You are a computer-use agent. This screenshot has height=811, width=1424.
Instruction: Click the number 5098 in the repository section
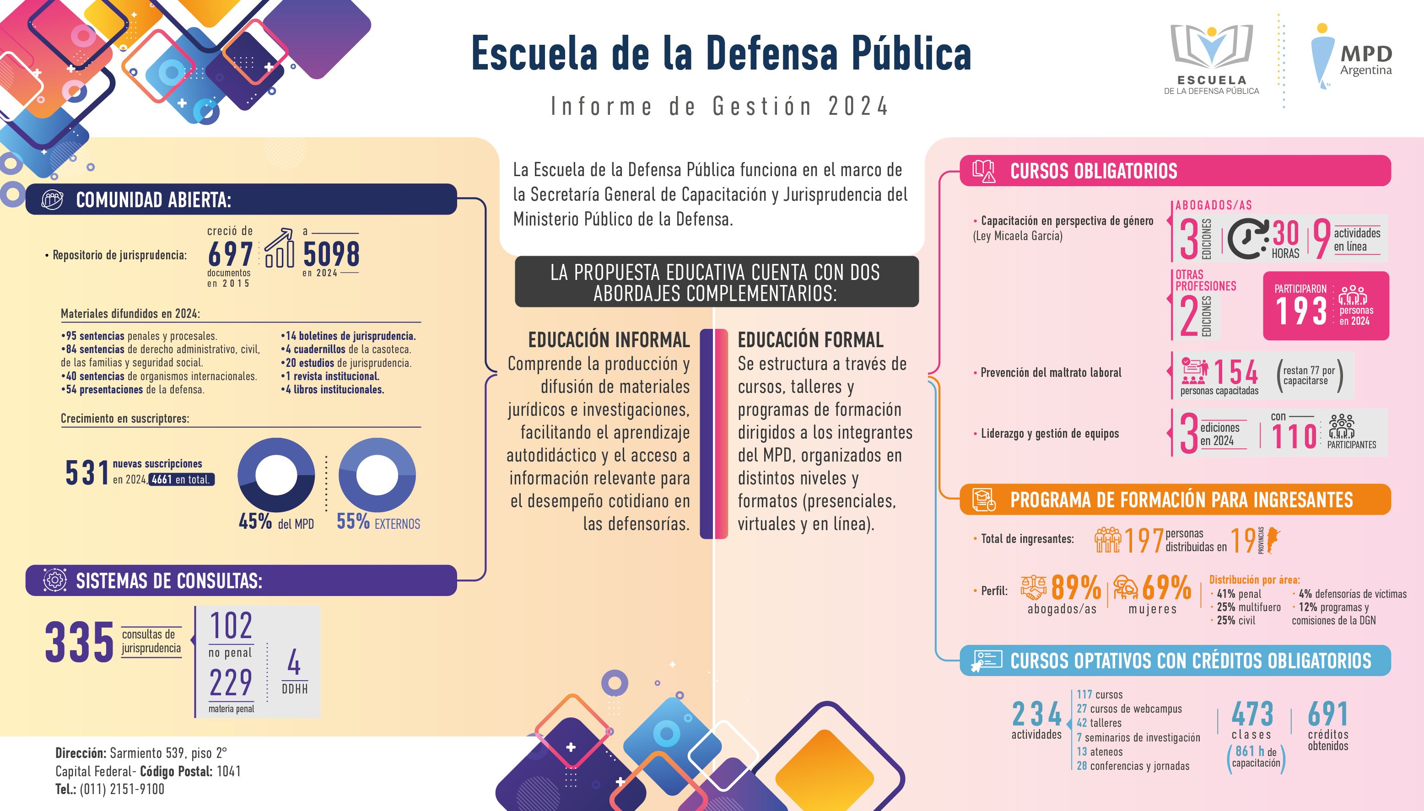(331, 254)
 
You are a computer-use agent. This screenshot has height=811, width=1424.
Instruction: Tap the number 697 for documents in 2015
(230, 254)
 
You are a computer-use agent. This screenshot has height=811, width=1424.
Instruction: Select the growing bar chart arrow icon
(279, 248)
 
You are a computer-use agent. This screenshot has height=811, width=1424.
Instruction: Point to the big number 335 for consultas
(80, 642)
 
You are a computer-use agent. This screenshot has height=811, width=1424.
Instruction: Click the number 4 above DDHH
(294, 662)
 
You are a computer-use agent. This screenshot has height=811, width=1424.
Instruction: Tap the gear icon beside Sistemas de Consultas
(54, 580)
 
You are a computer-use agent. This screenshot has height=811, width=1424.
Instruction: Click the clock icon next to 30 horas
(1248, 239)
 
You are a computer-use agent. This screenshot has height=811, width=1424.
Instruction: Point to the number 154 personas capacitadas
(1235, 372)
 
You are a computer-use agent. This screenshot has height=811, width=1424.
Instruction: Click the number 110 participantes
(1294, 436)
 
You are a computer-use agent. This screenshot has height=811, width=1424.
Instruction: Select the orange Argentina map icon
(1273, 540)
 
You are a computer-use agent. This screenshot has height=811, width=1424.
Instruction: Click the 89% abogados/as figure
(1076, 588)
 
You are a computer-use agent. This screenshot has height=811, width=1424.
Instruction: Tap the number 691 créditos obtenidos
(1328, 714)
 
